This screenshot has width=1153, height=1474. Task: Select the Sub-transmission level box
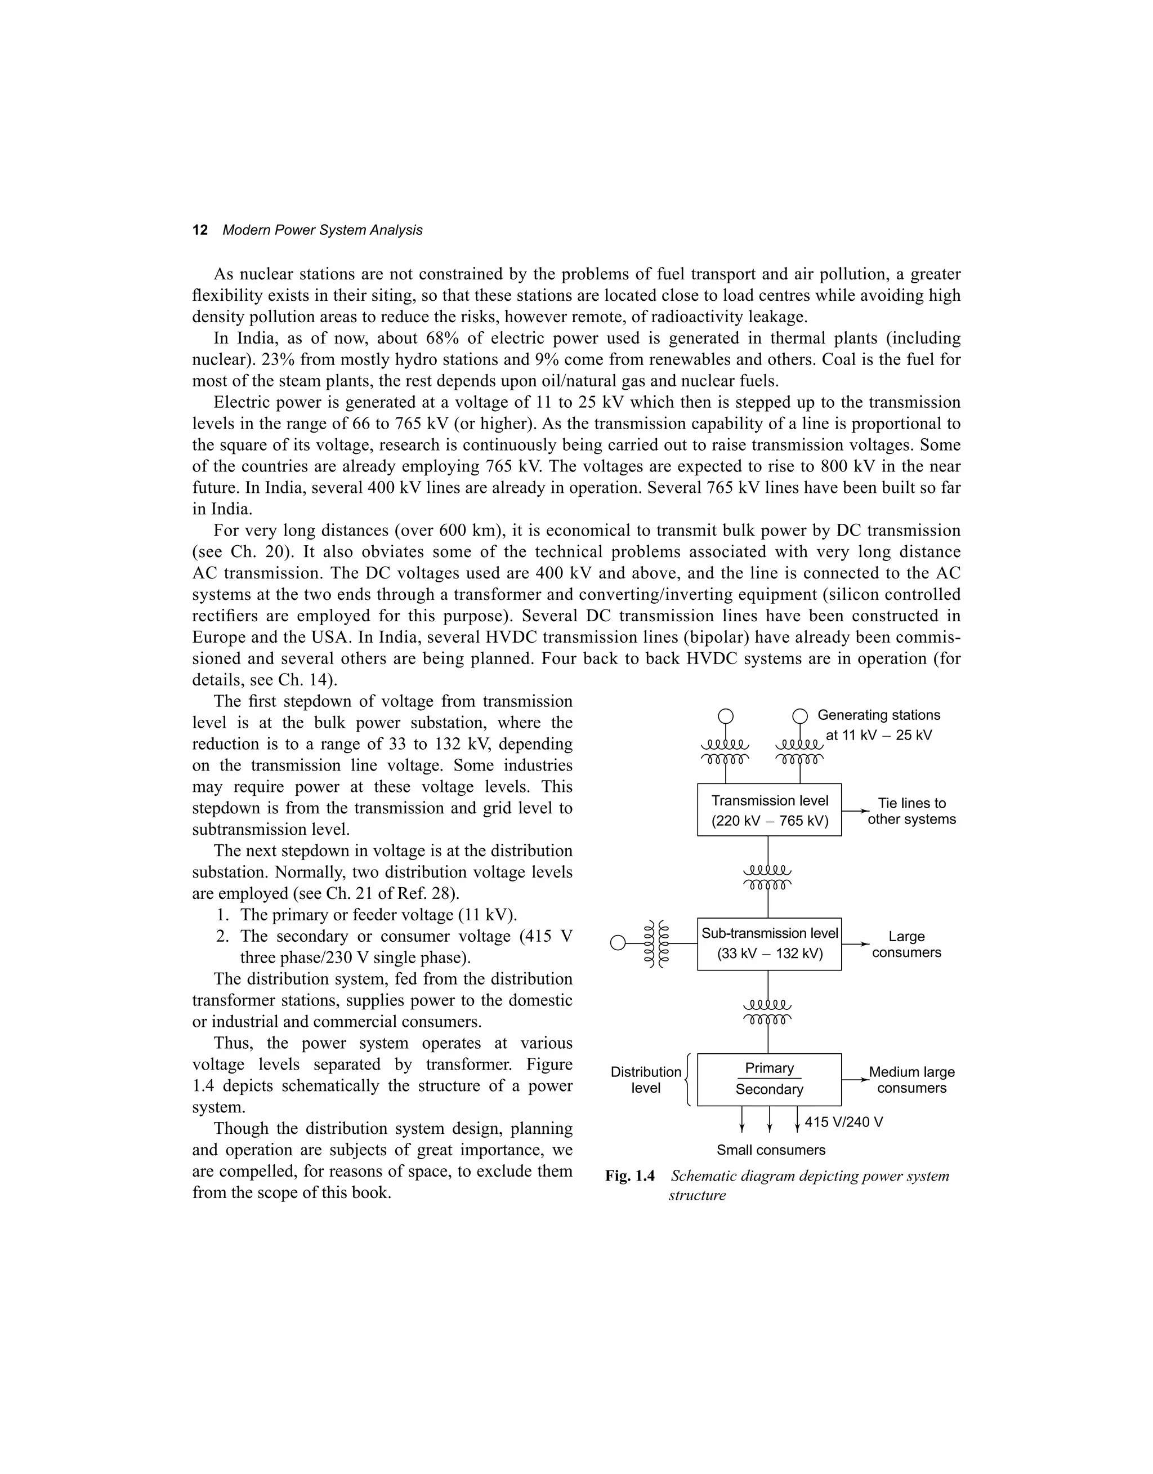click(769, 943)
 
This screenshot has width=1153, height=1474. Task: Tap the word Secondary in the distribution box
click(769, 1089)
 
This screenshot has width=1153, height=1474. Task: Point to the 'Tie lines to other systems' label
click(911, 811)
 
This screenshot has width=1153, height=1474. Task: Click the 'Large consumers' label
click(906, 944)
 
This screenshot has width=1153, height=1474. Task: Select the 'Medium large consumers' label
click(911, 1080)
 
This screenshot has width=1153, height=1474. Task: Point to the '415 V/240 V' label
click(843, 1122)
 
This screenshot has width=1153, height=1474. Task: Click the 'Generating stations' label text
click(878, 715)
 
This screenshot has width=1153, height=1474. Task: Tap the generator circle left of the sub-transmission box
click(618, 943)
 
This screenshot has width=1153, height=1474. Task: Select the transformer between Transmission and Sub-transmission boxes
click(767, 877)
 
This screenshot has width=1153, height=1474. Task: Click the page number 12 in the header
click(200, 230)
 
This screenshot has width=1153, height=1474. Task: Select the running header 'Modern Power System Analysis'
click(322, 230)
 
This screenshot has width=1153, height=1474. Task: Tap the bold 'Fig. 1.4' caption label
click(629, 1176)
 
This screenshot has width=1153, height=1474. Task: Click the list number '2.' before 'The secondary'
click(224, 937)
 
